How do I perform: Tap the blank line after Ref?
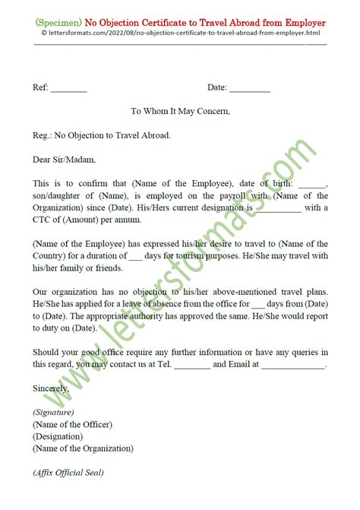(x=69, y=89)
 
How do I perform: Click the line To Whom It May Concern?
(x=180, y=111)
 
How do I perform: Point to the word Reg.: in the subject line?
(x=43, y=135)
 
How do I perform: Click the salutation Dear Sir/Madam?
(x=64, y=160)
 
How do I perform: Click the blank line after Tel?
(x=192, y=365)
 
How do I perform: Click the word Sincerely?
(x=51, y=388)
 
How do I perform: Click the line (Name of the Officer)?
(x=72, y=424)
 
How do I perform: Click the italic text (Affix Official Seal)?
(x=68, y=473)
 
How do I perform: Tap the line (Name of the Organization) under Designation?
(x=83, y=448)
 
